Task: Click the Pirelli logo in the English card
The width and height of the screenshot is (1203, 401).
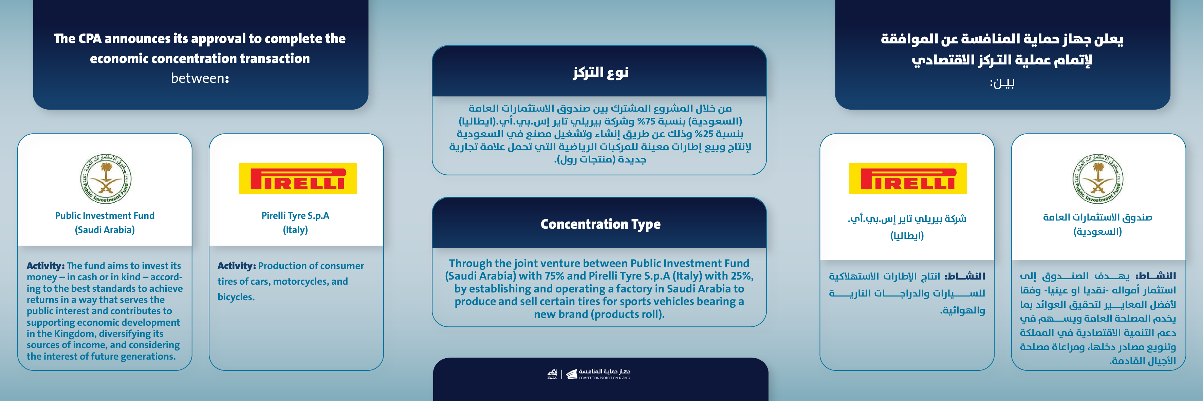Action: [x=297, y=178]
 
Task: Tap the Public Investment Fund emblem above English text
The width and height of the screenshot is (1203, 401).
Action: [x=106, y=179]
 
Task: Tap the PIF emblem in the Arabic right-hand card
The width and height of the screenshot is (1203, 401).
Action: [x=1097, y=179]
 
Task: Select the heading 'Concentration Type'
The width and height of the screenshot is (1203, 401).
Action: [x=600, y=224]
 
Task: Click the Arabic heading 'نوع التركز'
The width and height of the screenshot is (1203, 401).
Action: [x=600, y=72]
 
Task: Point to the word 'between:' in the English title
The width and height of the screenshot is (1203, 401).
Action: [x=200, y=78]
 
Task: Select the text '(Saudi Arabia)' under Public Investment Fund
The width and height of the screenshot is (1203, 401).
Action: [x=105, y=230]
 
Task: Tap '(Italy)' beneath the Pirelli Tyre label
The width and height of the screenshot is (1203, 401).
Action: [x=295, y=230]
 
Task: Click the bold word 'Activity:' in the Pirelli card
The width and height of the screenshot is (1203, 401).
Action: [x=236, y=266]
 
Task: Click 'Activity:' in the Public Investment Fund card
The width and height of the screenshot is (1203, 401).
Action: [x=45, y=266]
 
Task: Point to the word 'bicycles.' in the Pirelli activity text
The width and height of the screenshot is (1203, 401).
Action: [x=236, y=297]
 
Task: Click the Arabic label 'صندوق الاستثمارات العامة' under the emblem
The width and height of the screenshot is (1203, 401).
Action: [x=1097, y=217]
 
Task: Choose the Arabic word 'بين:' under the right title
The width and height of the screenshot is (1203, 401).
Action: [x=1002, y=83]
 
